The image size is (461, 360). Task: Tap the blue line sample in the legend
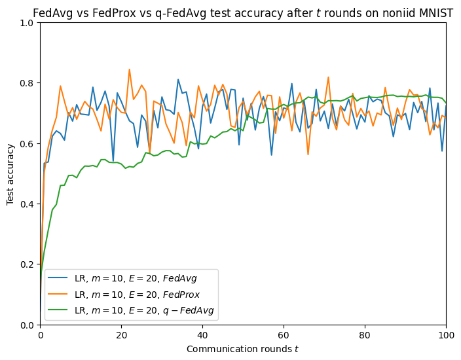pos(58,278)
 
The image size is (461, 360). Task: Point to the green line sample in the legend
pos(58,309)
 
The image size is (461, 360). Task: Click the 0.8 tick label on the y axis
pos(28,83)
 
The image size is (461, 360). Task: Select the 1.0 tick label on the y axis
pos(28,23)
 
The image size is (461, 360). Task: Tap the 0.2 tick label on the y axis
pos(28,264)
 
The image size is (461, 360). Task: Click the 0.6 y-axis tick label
pos(28,143)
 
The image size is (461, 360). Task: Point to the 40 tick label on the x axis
pos(202,334)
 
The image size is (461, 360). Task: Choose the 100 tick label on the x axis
pos(446,334)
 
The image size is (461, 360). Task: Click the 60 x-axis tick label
pos(284,334)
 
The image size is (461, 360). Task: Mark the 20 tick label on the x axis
pos(121,334)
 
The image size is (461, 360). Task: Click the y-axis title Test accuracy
pos(10,174)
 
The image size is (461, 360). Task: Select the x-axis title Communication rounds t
pos(242,349)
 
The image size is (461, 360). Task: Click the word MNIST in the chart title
pos(433,9)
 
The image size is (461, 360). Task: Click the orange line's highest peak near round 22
pos(129,69)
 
